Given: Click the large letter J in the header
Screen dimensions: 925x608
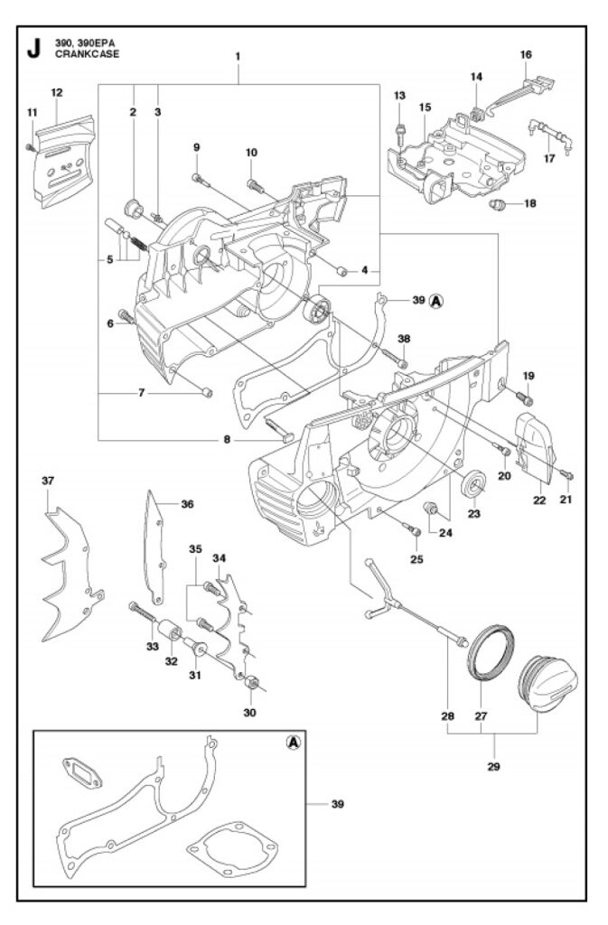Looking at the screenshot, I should pyautogui.click(x=33, y=47).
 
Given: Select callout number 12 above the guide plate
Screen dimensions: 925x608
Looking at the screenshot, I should pyautogui.click(x=56, y=92).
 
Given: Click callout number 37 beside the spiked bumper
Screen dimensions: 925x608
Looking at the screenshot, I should pyautogui.click(x=47, y=481).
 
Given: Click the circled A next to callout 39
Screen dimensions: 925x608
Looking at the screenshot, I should pyautogui.click(x=436, y=300).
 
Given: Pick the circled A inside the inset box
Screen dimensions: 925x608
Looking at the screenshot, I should pyautogui.click(x=293, y=742).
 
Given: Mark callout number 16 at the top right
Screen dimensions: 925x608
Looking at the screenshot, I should pyautogui.click(x=526, y=54).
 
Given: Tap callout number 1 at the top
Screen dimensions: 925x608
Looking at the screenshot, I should pyautogui.click(x=238, y=56).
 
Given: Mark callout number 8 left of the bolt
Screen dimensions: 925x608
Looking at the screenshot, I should pyautogui.click(x=227, y=440).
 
